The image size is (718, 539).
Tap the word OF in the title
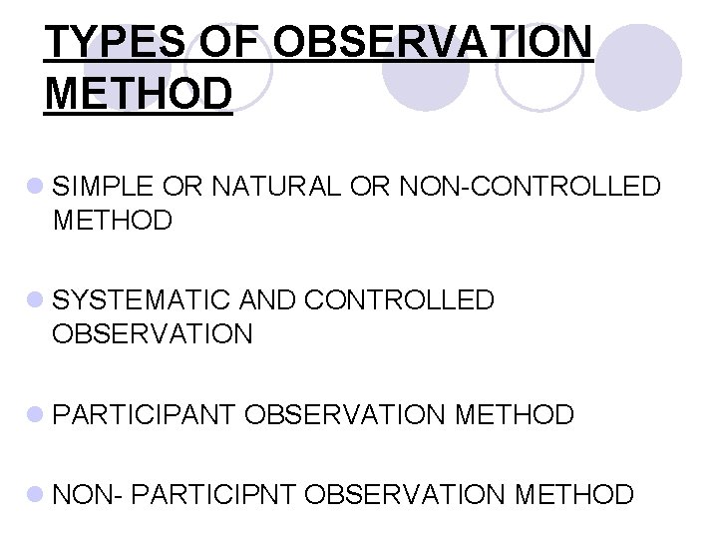pyautogui.click(x=235, y=43)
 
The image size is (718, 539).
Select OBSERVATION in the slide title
pyautogui.click(x=433, y=43)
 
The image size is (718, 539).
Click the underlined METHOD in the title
pyautogui.click(x=139, y=95)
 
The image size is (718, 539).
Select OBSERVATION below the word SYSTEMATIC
pyautogui.click(x=153, y=332)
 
